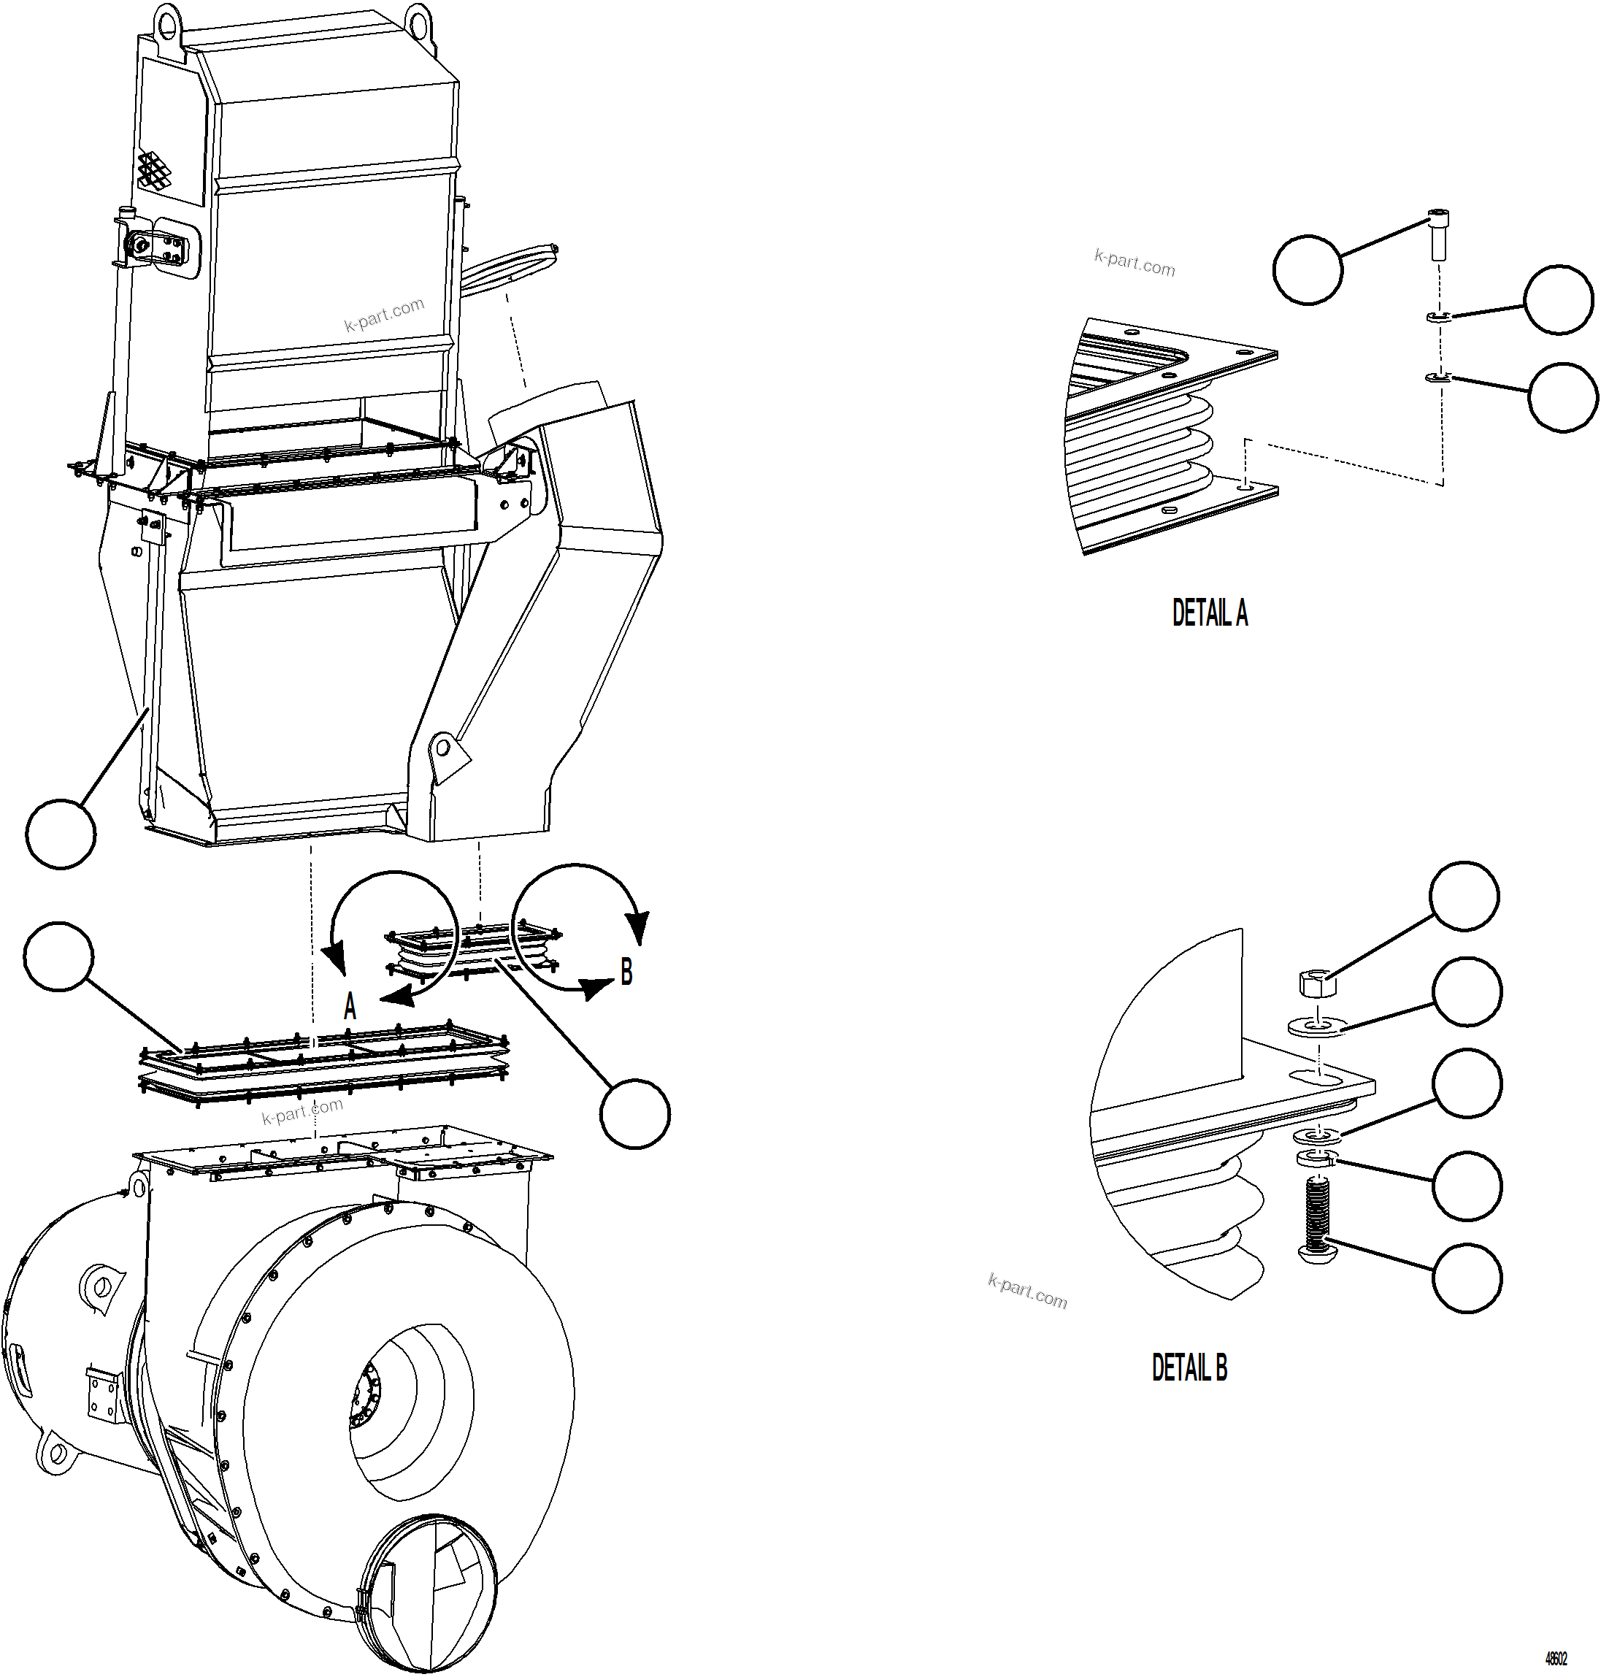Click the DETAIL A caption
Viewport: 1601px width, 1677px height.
[x=1209, y=613]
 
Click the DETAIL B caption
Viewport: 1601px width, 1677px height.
[x=1189, y=1367]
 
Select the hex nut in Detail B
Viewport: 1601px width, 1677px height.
[x=1317, y=983]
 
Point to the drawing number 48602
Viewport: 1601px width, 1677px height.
[x=1556, y=1658]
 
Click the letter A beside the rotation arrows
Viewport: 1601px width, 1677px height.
[x=349, y=1007]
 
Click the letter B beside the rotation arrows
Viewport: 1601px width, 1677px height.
[x=626, y=972]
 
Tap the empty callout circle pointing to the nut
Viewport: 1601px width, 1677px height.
[x=1464, y=895]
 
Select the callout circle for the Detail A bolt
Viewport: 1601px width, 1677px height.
[x=1308, y=269]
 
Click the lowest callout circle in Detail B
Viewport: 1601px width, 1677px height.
[x=1467, y=1278]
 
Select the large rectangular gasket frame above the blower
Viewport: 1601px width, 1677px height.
[x=324, y=1067]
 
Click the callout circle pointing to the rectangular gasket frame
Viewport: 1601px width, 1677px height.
[x=58, y=956]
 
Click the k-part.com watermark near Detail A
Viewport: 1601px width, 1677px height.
[x=1134, y=263]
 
